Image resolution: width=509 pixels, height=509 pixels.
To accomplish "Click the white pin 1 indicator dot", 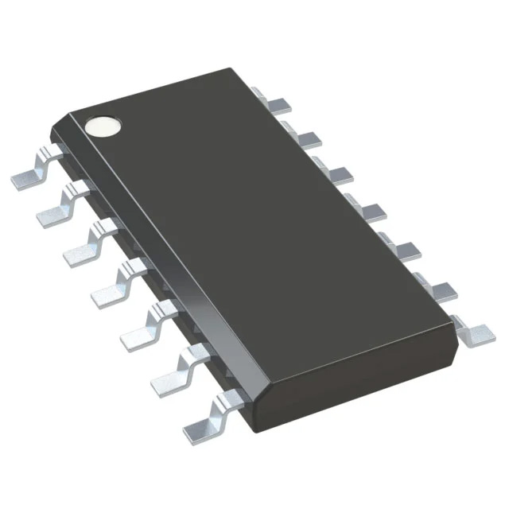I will point(103,125).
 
